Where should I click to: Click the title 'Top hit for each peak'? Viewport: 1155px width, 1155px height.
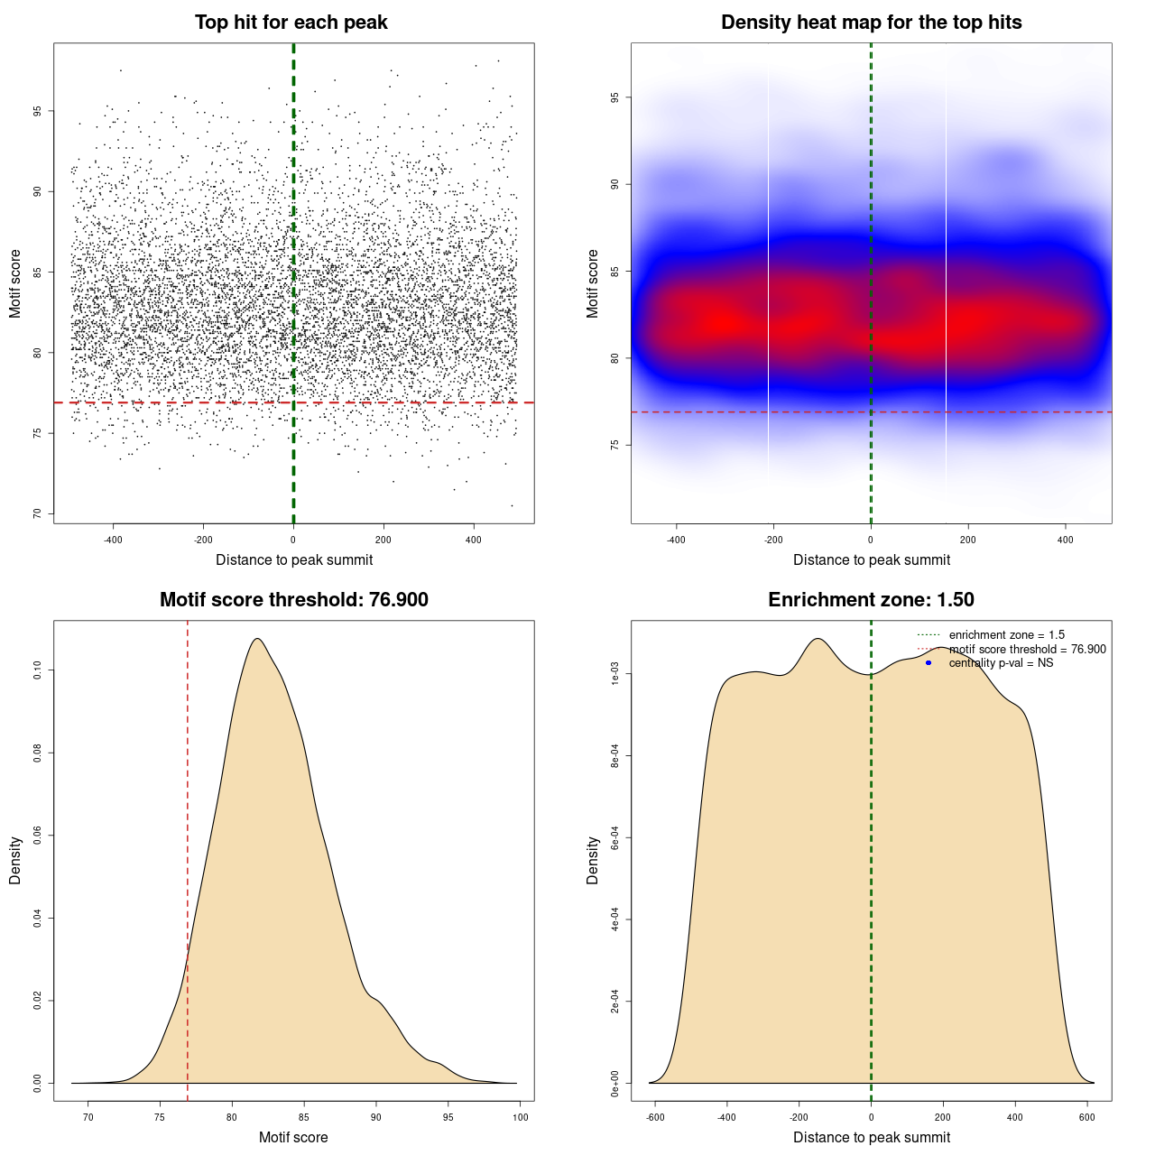291,23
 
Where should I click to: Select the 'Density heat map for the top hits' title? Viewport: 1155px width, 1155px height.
871,23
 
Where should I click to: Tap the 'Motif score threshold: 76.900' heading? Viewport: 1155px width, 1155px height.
293,600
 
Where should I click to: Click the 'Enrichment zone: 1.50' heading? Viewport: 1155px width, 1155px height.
871,600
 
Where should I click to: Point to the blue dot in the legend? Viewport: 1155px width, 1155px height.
929,663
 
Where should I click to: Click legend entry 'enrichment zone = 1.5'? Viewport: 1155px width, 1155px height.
1006,635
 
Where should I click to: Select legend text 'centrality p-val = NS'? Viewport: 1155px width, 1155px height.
1001,663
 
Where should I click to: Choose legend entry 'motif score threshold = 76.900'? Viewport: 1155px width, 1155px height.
1027,650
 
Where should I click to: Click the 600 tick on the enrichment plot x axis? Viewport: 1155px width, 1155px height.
1086,1117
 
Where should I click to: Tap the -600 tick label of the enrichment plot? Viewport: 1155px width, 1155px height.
655,1117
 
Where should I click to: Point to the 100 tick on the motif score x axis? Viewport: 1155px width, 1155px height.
521,1117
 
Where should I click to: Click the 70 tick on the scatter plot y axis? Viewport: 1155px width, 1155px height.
38,513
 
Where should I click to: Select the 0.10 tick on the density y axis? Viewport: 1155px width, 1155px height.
38,670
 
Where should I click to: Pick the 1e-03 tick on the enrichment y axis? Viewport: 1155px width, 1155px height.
615,674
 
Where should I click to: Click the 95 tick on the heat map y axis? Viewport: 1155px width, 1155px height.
615,97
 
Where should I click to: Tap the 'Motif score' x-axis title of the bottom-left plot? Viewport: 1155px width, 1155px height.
293,1137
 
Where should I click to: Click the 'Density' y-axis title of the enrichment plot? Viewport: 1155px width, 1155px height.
593,860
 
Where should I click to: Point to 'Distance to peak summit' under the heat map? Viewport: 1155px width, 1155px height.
871,559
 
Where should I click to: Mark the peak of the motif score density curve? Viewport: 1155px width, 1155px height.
258,639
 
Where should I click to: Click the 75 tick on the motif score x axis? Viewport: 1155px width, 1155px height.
160,1117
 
